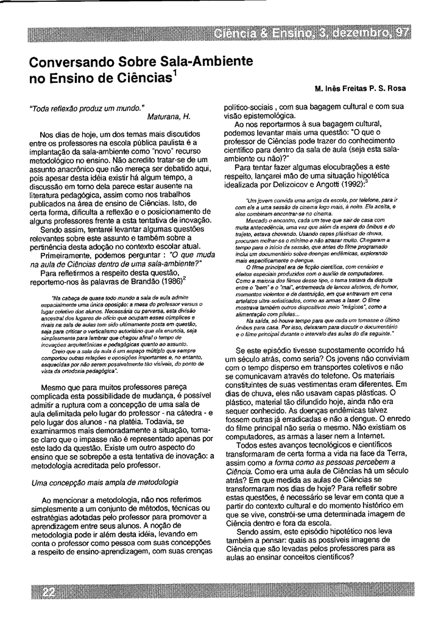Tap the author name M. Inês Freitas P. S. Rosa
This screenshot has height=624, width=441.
click(360, 88)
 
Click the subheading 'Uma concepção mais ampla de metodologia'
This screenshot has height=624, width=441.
click(104, 483)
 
